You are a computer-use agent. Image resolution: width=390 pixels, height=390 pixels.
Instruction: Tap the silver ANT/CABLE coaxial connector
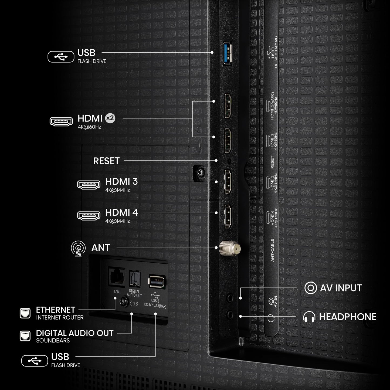tap(230, 248)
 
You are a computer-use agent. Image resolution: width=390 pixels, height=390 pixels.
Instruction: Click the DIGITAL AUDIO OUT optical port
tap(135, 278)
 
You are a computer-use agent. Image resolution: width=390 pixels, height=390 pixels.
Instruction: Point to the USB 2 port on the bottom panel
tap(157, 281)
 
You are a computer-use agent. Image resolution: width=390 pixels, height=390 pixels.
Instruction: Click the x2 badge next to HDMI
tap(110, 118)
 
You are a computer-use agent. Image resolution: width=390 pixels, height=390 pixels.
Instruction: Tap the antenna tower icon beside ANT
tap(78, 249)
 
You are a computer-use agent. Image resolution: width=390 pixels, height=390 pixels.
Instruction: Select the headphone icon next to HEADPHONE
tap(309, 317)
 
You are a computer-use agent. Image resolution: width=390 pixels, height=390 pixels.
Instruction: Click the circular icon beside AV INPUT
tap(310, 288)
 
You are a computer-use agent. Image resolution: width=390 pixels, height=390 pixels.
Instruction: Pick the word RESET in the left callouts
tap(106, 161)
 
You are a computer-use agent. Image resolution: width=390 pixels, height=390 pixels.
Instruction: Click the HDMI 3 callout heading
tap(121, 181)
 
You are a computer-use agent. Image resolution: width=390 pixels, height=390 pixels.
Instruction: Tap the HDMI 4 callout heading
tap(122, 212)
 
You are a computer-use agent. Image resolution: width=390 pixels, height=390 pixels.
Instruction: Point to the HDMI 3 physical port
tap(228, 182)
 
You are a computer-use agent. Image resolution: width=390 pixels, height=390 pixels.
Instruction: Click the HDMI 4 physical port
tap(228, 216)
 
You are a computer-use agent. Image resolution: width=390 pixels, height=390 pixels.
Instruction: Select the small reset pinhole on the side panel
tap(229, 161)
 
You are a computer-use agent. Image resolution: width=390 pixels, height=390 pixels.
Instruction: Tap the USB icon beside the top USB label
tap(61, 57)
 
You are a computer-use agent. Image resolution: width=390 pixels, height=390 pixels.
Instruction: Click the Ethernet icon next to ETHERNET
tap(25, 313)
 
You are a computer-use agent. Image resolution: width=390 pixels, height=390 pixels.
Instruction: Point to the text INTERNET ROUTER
tap(60, 318)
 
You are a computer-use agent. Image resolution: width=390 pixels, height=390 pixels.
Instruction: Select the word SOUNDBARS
tap(53, 341)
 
